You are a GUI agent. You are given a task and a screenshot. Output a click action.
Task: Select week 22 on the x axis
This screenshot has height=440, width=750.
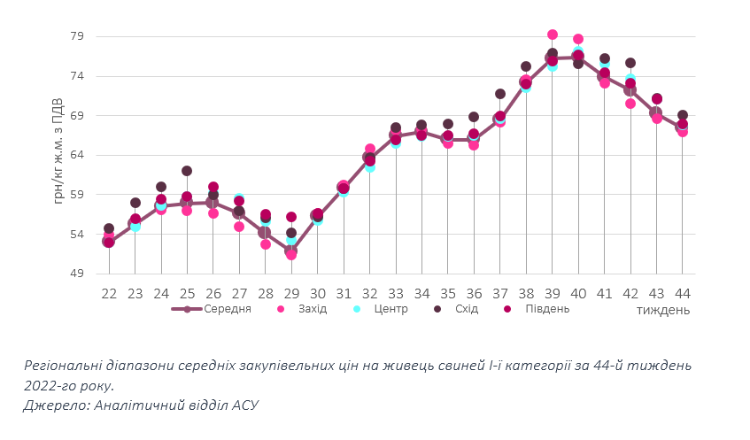coord(109,293)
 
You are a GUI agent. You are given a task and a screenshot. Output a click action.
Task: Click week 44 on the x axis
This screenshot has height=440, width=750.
coord(683,293)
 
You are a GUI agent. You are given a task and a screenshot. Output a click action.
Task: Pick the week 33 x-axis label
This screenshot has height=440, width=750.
coord(396,293)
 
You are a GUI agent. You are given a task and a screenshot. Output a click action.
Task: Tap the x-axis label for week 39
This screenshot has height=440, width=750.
coord(553,293)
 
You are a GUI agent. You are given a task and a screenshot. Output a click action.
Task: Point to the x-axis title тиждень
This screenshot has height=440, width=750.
coord(662,311)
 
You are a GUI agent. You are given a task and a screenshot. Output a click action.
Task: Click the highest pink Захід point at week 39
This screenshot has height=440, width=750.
coord(553,35)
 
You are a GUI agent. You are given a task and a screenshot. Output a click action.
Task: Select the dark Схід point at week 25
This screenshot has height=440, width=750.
coord(187,171)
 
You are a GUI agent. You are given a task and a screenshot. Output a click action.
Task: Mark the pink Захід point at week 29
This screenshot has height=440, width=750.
coord(291,254)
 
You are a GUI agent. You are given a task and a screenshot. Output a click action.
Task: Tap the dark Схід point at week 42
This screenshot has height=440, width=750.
coord(630,63)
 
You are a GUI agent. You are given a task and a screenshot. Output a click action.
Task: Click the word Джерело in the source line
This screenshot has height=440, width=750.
coord(53,405)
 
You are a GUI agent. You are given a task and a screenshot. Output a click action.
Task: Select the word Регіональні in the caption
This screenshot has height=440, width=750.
coord(66,365)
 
